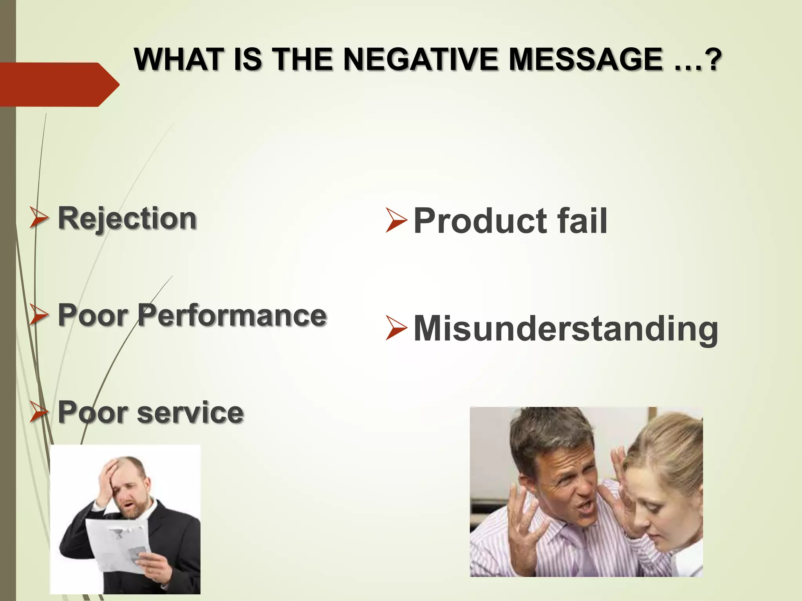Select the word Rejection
click(x=127, y=218)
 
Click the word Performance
click(x=232, y=315)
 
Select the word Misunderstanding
click(x=565, y=329)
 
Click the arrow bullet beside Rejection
click(x=39, y=218)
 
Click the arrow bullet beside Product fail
click(x=396, y=220)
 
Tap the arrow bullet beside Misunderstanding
click(x=396, y=327)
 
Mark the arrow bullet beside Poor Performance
click(x=39, y=315)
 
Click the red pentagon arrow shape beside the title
click(x=59, y=84)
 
